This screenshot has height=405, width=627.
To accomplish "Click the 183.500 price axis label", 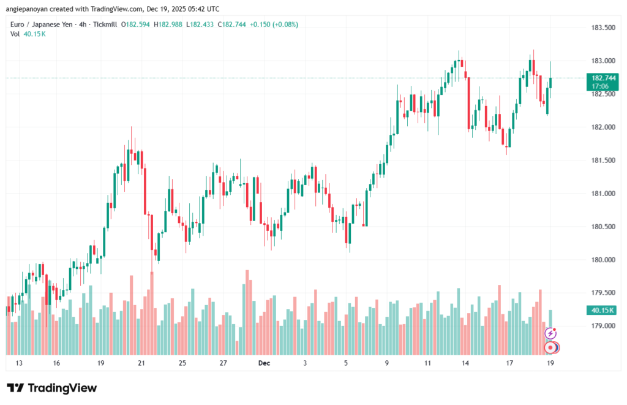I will (600, 28).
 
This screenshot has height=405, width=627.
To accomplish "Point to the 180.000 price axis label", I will (600, 260).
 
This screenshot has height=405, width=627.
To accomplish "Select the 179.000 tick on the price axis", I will (600, 326).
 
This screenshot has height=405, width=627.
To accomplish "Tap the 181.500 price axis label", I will (600, 161).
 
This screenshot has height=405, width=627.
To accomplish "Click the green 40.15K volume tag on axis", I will (600, 311).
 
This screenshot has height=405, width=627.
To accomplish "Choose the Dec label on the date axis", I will (264, 363).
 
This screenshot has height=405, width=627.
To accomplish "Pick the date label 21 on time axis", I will (141, 363).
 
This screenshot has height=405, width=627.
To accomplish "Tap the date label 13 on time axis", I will (19, 363).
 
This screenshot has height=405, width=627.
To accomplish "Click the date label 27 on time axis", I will (223, 363).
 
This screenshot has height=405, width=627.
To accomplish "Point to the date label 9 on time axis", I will (387, 363).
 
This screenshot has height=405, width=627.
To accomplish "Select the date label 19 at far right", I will (550, 363).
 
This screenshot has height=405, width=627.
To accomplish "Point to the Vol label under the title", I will (15, 34).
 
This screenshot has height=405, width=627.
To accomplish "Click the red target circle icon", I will (551, 347).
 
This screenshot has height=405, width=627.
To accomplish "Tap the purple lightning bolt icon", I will (550, 333).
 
